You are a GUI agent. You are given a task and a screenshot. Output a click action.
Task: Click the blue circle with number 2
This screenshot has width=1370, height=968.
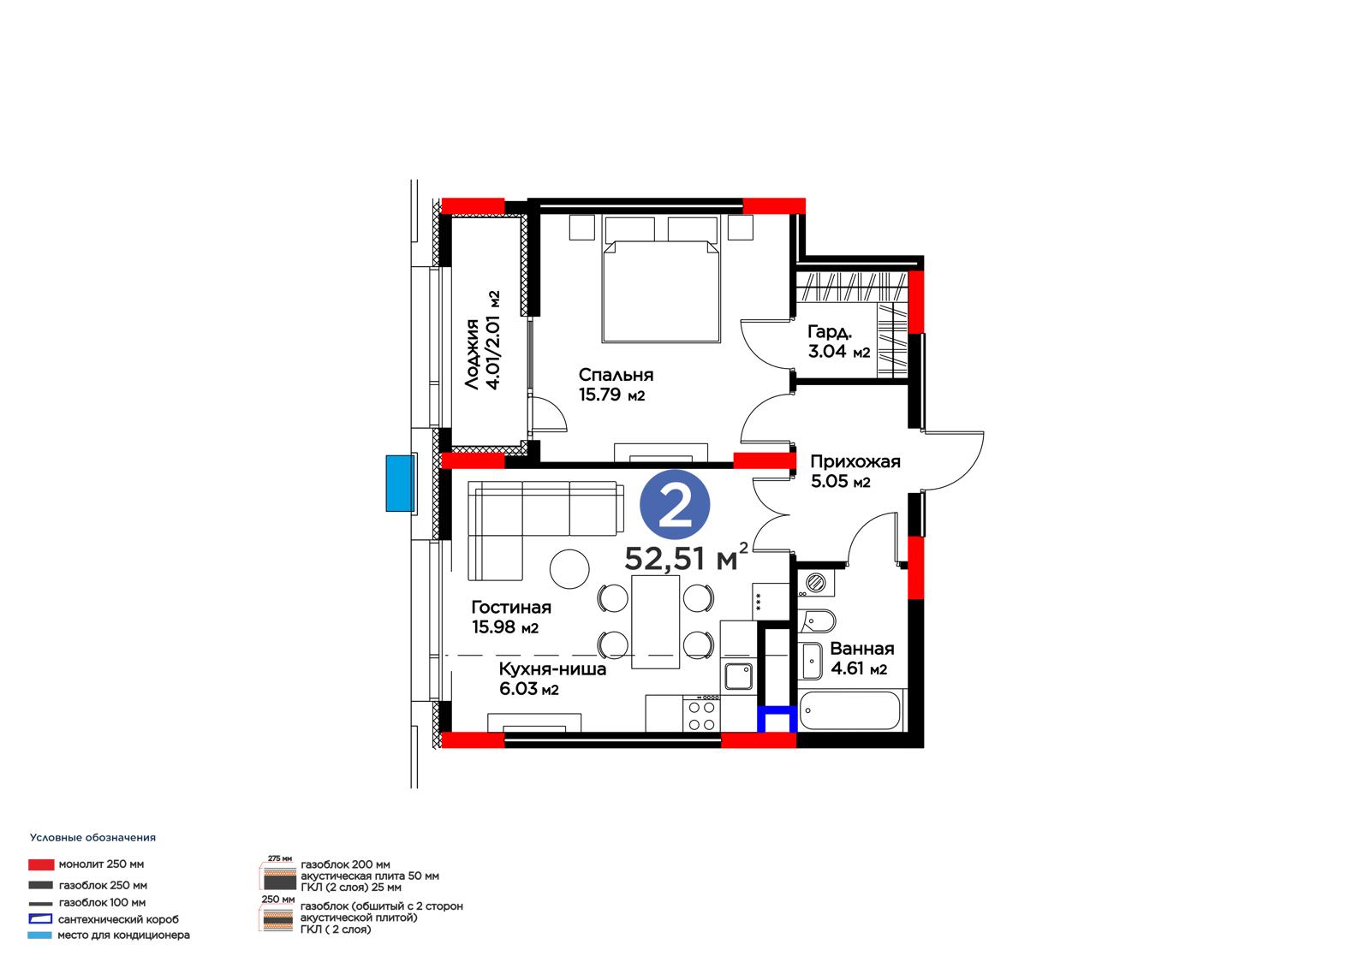(x=675, y=504)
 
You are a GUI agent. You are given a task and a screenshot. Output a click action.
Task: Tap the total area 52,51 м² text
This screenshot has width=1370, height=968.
(x=686, y=556)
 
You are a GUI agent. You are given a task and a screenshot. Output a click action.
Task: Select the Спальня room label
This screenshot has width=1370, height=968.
(x=616, y=375)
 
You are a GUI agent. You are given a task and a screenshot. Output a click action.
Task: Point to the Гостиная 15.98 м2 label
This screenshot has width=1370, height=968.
(x=511, y=617)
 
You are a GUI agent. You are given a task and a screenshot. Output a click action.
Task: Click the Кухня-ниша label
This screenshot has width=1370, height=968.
(x=552, y=669)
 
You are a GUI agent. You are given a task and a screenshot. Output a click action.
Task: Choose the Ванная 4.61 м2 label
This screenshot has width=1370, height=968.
(x=861, y=658)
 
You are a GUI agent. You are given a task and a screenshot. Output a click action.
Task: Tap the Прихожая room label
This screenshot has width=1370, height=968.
(x=855, y=461)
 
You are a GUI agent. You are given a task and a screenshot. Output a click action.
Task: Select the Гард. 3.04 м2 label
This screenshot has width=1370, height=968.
(x=838, y=341)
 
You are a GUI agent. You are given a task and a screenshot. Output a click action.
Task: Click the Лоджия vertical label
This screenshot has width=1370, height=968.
(x=472, y=354)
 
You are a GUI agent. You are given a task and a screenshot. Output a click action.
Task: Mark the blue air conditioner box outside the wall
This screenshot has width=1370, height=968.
(x=401, y=483)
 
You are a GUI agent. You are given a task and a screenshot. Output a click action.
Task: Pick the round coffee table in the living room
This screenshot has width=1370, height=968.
(x=569, y=568)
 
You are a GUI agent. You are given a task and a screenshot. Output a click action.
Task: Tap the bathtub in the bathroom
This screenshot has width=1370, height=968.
(x=850, y=710)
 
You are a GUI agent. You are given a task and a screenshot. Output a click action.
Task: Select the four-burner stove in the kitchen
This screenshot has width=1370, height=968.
(x=701, y=713)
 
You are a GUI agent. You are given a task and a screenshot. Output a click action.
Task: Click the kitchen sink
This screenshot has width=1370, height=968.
(x=738, y=676)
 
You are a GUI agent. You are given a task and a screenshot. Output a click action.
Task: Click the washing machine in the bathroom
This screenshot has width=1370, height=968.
(x=816, y=582)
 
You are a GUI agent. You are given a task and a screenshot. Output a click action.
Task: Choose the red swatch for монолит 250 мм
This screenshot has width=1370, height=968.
(x=41, y=864)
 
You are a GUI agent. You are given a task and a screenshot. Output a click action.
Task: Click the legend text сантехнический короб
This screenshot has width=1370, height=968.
(x=119, y=919)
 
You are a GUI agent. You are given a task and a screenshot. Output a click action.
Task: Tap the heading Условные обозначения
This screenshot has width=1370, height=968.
(x=93, y=838)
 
